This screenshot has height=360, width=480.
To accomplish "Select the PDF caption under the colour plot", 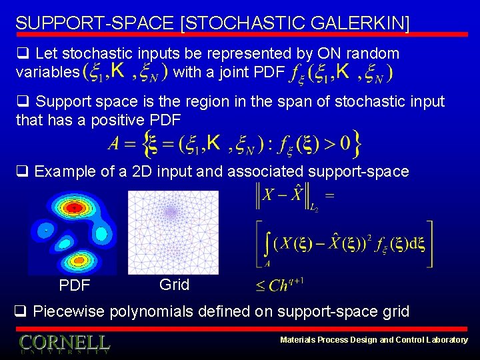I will coord(75,286).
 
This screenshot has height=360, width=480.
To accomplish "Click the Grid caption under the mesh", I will coord(174,285).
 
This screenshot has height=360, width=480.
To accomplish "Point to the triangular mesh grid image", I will coord(173,232).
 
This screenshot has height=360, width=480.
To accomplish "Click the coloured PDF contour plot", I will coord(72,233).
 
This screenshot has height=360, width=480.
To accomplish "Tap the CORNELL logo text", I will coord(64,343).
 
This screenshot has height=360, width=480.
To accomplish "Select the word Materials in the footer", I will coord(298,340).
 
